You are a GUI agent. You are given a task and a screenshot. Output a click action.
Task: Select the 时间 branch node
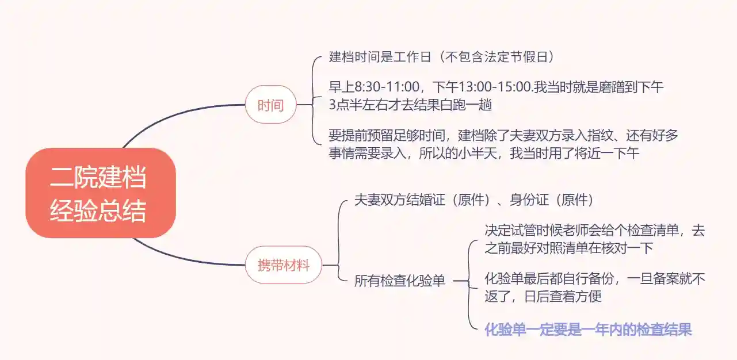pyautogui.click(x=270, y=105)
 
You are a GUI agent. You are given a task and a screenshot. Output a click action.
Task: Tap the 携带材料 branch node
pyautogui.click(x=283, y=266)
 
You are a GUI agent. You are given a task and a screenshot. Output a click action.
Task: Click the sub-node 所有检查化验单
pyautogui.click(x=399, y=281)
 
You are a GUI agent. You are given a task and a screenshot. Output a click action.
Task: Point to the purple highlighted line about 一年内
pyautogui.click(x=588, y=330)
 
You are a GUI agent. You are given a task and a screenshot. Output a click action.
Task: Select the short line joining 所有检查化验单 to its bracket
pyautogui.click(x=461, y=281)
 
